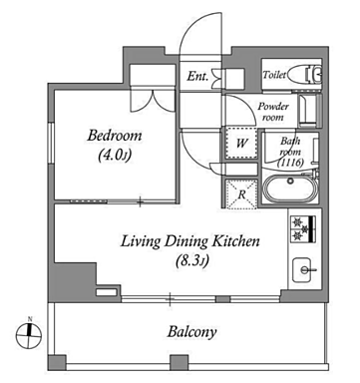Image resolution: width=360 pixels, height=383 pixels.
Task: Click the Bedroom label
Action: tap(115, 136)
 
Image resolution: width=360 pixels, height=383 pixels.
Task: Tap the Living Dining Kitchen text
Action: tap(189, 241)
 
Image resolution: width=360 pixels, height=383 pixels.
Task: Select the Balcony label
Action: tap(191, 332)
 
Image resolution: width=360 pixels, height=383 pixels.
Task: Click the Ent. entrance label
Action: tap(197, 76)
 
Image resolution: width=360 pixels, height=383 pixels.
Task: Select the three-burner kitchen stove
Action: tap(303, 228)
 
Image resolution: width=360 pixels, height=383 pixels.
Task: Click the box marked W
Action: tap(241, 144)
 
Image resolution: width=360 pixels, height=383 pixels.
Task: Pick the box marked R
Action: tap(241, 194)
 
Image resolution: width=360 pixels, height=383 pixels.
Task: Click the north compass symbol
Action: tap(29, 335)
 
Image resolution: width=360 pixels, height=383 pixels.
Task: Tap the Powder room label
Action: tap(273, 112)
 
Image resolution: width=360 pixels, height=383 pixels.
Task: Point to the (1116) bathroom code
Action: tap(291, 163)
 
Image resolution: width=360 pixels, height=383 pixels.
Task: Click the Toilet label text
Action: tap(274, 75)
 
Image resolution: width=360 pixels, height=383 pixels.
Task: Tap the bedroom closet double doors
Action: tap(153, 100)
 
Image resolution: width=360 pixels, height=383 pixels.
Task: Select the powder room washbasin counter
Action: tap(310, 111)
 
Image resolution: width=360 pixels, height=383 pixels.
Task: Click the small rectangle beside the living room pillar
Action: tap(107, 292)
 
